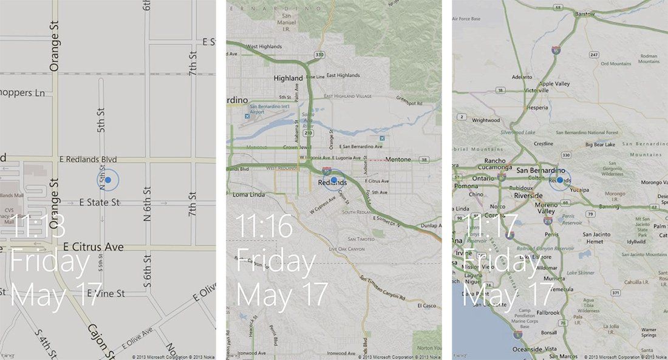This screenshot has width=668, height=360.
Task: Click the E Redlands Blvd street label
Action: (87, 159)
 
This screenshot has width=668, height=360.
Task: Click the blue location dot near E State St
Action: (108, 180)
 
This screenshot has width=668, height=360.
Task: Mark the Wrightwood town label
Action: (485, 120)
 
